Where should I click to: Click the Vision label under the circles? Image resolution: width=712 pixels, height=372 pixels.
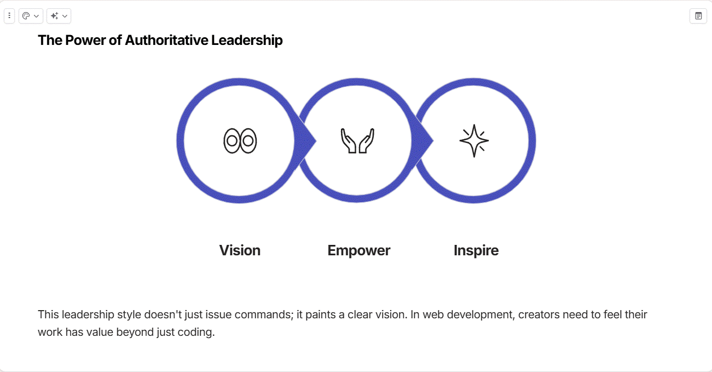coord(240,250)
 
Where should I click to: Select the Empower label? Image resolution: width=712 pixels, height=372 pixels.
coord(358,250)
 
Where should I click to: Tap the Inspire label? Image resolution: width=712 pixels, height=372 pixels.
coord(476,250)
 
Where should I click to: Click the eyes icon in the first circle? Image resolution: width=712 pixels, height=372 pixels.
coord(240,141)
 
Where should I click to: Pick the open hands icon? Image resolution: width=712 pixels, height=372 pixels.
coord(357,141)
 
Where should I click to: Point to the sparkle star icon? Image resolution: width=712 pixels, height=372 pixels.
coord(474,141)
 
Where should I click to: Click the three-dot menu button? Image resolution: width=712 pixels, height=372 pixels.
coord(9,16)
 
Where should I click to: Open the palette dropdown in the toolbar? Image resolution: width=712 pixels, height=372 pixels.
coord(31,16)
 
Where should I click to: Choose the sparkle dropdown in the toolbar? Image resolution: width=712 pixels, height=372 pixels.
coord(59,16)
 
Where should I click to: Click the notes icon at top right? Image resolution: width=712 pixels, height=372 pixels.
coord(698,16)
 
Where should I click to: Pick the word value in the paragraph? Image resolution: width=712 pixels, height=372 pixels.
coord(97,333)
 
